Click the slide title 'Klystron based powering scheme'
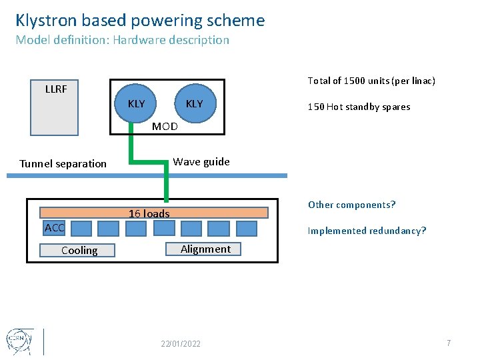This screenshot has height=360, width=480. click(x=140, y=21)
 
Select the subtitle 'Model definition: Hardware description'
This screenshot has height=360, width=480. click(x=122, y=40)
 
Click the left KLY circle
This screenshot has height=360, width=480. click(x=137, y=104)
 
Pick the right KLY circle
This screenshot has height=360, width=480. click(x=195, y=104)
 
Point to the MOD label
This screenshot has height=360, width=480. click(x=165, y=126)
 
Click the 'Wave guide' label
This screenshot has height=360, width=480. click(x=201, y=161)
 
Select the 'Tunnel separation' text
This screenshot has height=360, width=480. click(x=63, y=163)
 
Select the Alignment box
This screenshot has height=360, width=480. click(x=205, y=249)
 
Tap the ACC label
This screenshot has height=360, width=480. click(x=54, y=229)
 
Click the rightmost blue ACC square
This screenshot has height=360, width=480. click(x=246, y=229)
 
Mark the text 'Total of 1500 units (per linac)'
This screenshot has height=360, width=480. click(x=371, y=81)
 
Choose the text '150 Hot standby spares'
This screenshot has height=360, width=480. click(x=359, y=107)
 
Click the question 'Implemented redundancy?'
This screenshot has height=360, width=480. click(x=367, y=231)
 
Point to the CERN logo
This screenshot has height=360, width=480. click(x=17, y=340)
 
